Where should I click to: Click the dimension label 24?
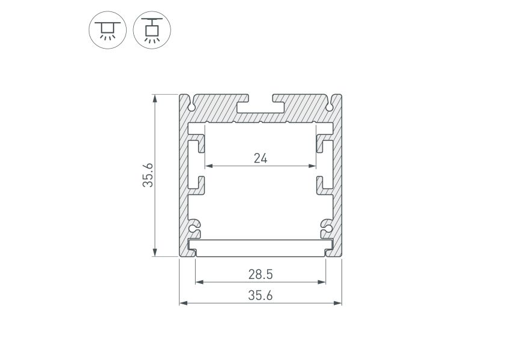261,158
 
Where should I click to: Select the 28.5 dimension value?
261,274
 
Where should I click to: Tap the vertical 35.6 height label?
148,175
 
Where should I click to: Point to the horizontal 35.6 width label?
261,296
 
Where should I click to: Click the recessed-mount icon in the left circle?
107,30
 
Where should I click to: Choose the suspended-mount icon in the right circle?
152,30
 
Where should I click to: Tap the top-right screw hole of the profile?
330,107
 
